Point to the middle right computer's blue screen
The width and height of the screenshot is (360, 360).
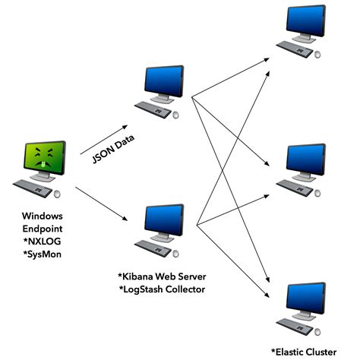point(307,159)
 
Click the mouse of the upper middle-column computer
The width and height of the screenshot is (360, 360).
point(177,114)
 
